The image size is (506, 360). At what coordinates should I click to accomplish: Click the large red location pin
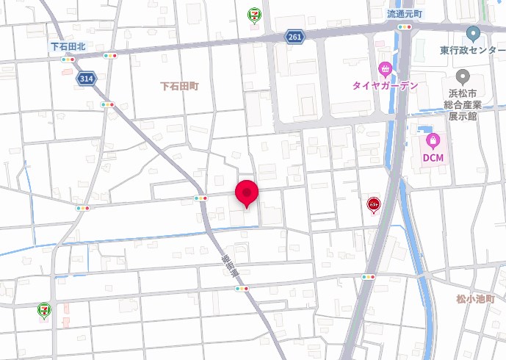pos(246,193)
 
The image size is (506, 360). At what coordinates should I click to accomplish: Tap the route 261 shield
pos(294,37)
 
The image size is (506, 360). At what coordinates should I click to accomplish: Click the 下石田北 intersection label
pos(68,46)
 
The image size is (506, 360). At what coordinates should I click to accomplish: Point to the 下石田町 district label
pos(179,86)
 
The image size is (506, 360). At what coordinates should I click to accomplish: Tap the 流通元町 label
pos(405,14)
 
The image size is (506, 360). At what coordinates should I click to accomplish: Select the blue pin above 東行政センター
pos(473,33)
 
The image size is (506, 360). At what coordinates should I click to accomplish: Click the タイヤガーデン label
pos(385,85)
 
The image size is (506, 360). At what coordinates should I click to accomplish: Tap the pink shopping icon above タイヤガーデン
pos(385,69)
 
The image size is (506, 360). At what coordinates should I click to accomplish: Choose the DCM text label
pos(433,157)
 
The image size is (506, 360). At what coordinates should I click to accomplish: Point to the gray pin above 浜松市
pos(463,76)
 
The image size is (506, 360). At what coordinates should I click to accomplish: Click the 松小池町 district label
pos(475,299)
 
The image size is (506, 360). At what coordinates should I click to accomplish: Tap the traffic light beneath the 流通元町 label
pos(405,27)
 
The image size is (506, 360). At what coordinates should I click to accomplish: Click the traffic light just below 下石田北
pos(68,59)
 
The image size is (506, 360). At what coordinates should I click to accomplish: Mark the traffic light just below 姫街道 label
pos(241,289)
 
